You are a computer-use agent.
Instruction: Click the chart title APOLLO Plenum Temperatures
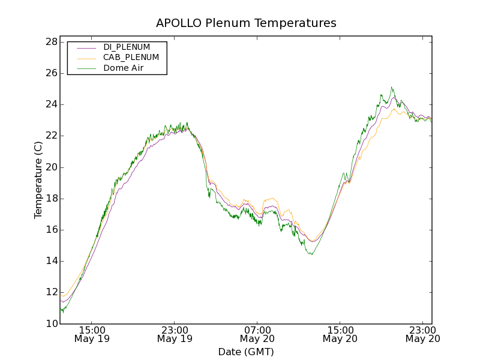point(246,23)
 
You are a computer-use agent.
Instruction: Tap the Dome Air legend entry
point(123,68)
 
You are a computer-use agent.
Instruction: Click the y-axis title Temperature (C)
point(38,180)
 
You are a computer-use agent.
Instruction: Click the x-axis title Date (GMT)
point(246,352)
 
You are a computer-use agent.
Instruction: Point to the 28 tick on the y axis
point(51,42)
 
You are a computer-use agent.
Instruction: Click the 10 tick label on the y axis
point(51,324)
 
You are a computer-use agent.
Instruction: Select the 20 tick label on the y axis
point(51,167)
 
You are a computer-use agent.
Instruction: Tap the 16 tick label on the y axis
point(51,230)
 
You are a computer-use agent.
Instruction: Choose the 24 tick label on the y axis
point(51,104)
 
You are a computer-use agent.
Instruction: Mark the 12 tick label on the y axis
point(51,293)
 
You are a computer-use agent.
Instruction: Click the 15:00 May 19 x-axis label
point(92,334)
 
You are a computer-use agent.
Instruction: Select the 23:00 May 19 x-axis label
point(175,334)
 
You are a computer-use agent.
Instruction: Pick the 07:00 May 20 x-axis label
point(257,334)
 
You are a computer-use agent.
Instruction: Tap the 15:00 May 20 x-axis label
point(340,334)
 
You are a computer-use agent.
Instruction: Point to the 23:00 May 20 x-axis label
point(422,334)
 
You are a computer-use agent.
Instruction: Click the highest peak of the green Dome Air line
point(391,87)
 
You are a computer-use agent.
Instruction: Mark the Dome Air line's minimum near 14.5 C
point(311,254)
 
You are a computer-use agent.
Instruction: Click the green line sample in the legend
point(85,68)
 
